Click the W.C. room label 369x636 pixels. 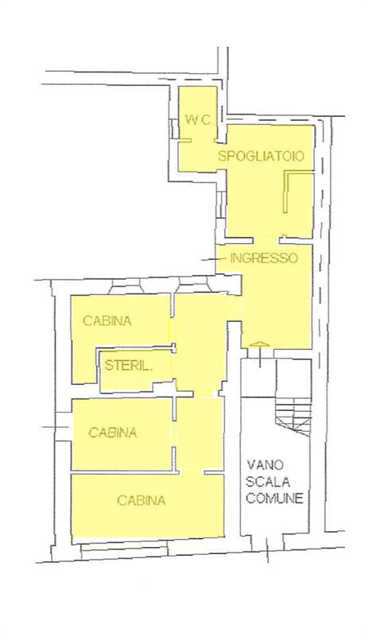[199, 120]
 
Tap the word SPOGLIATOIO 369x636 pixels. [261, 156]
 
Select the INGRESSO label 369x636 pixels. [264, 258]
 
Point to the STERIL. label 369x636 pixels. [129, 366]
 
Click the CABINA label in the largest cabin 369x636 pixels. [142, 500]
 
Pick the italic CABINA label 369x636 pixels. [112, 432]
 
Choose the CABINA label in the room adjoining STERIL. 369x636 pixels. [107, 320]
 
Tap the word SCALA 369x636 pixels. [268, 482]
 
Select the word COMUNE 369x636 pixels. [274, 498]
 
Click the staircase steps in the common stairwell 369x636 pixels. [293, 416]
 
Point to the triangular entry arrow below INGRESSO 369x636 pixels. [259, 345]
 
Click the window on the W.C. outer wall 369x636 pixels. [173, 129]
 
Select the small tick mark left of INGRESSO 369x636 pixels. [208, 259]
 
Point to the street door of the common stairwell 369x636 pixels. [267, 544]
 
